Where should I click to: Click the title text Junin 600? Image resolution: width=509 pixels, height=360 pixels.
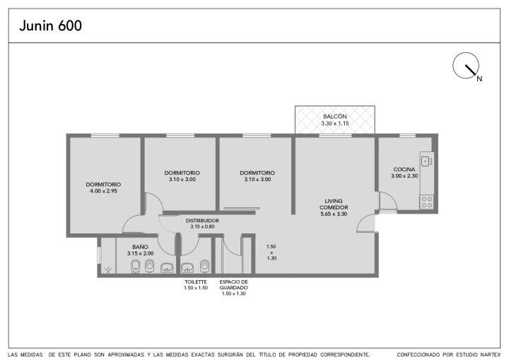(x=51, y=25)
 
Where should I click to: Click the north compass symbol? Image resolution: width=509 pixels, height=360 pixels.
(x=466, y=66)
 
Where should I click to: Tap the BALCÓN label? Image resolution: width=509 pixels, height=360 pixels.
(x=334, y=116)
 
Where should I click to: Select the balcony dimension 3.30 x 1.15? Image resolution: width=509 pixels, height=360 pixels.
(x=334, y=124)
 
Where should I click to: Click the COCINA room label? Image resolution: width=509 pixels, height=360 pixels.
(x=404, y=169)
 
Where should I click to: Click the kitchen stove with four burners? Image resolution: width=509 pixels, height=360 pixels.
(x=426, y=202)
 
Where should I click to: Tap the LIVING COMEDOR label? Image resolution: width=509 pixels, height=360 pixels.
(x=334, y=204)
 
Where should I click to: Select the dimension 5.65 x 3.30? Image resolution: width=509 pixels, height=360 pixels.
(x=334, y=214)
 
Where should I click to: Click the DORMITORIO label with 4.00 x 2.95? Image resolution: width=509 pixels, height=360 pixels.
(x=103, y=184)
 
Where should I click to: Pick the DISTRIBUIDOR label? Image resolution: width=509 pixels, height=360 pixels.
(x=202, y=221)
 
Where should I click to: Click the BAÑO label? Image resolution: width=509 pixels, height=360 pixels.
(x=140, y=247)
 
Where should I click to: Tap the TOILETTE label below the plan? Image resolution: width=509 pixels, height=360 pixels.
(x=196, y=281)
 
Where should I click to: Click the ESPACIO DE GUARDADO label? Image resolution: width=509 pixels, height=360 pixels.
(x=234, y=284)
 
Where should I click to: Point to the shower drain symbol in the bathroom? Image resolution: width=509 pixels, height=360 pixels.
(x=108, y=269)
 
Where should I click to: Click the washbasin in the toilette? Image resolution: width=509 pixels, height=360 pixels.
(x=187, y=267)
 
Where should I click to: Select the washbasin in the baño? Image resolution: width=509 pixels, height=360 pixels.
(x=167, y=267)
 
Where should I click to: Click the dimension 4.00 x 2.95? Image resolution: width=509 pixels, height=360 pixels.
(x=103, y=191)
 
